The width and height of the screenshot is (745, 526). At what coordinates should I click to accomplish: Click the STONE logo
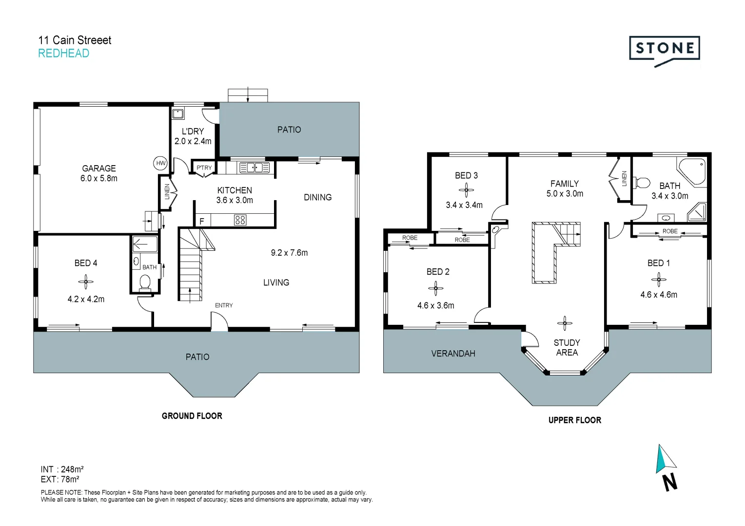coord(664,49)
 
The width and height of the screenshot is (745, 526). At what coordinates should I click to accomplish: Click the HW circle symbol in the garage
coord(160,163)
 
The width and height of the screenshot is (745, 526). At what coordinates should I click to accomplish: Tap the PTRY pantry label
coord(204,168)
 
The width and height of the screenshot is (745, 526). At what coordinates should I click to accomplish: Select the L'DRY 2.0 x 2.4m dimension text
coord(193,141)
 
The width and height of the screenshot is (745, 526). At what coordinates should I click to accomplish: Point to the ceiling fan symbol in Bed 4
coord(86,281)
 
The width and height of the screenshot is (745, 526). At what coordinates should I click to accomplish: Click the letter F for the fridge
coord(202,221)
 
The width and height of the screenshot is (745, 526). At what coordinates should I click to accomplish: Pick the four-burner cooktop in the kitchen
coord(240,220)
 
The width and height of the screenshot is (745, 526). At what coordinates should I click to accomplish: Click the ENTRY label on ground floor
coord(224,305)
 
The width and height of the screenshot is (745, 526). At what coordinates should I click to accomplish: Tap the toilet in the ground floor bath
coord(145,282)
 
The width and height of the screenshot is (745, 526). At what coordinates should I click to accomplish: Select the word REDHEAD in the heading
coord(64,54)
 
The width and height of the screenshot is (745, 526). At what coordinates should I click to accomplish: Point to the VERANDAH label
coord(453,354)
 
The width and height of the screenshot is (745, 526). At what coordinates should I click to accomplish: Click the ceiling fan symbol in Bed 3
coord(466,190)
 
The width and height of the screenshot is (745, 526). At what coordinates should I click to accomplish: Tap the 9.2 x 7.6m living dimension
coord(289,253)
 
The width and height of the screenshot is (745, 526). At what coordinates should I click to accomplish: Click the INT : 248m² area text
coord(62,470)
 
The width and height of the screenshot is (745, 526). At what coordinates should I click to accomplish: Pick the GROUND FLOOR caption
coord(192,416)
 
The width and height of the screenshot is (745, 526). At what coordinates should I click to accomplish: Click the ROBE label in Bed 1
coord(670,231)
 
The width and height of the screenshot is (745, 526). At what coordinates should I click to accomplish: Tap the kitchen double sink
coord(254,168)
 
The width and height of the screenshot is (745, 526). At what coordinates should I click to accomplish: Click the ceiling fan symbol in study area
coord(565,323)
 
